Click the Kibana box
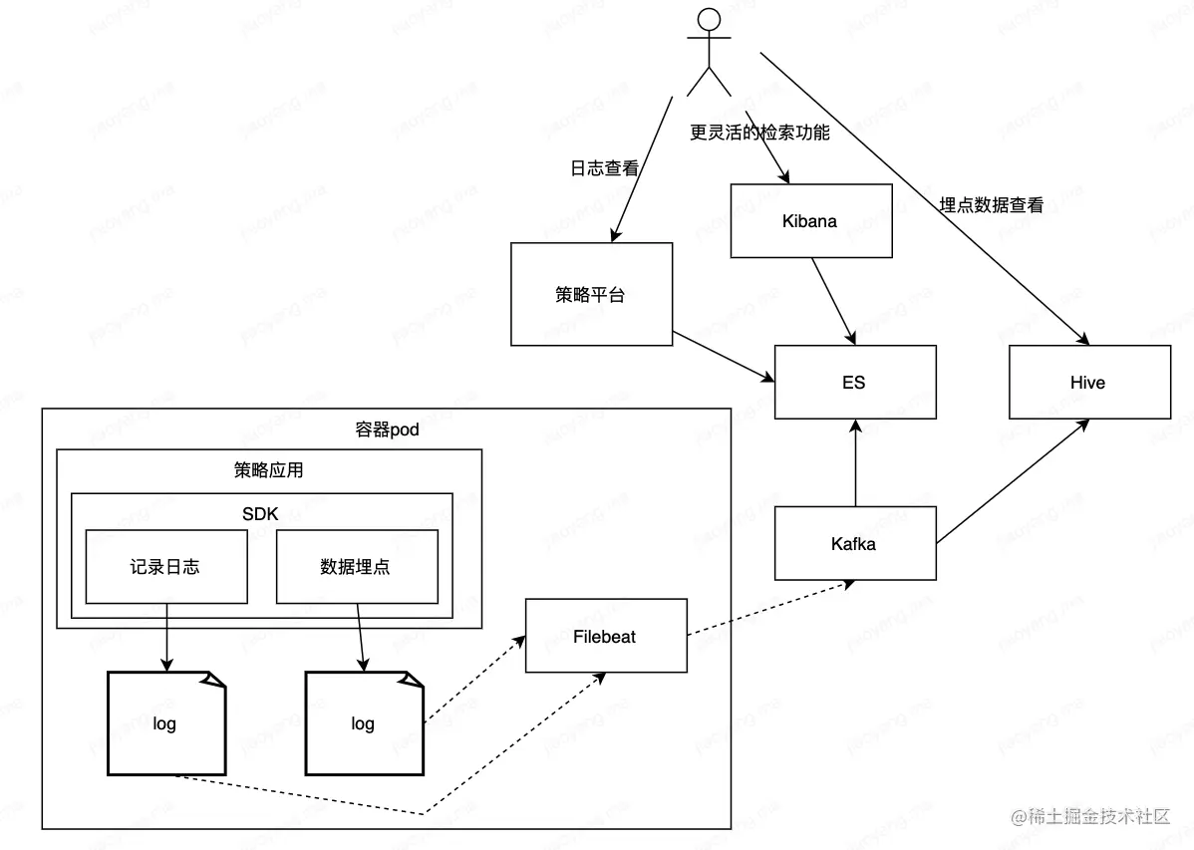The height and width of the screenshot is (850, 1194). (x=810, y=220)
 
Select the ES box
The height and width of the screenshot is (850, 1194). (x=854, y=382)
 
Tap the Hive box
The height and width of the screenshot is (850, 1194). (x=1088, y=382)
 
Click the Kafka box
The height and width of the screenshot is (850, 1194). (x=854, y=543)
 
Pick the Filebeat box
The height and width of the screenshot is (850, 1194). (x=605, y=635)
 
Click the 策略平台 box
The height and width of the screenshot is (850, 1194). (x=590, y=294)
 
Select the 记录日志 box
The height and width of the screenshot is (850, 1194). (x=165, y=566)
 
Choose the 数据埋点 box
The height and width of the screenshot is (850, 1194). (x=356, y=566)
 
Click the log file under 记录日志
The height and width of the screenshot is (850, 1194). (x=165, y=723)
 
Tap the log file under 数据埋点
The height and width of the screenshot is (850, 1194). (x=364, y=723)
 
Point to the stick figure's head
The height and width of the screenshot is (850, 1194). (x=709, y=19)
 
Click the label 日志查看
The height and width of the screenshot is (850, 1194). (x=604, y=168)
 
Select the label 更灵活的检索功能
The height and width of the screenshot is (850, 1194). (x=759, y=132)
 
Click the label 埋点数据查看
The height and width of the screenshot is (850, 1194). (x=992, y=205)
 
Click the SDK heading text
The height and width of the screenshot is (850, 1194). (x=261, y=513)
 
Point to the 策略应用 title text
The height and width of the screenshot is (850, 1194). (x=268, y=470)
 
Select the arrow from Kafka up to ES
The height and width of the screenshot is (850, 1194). (x=854, y=463)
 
